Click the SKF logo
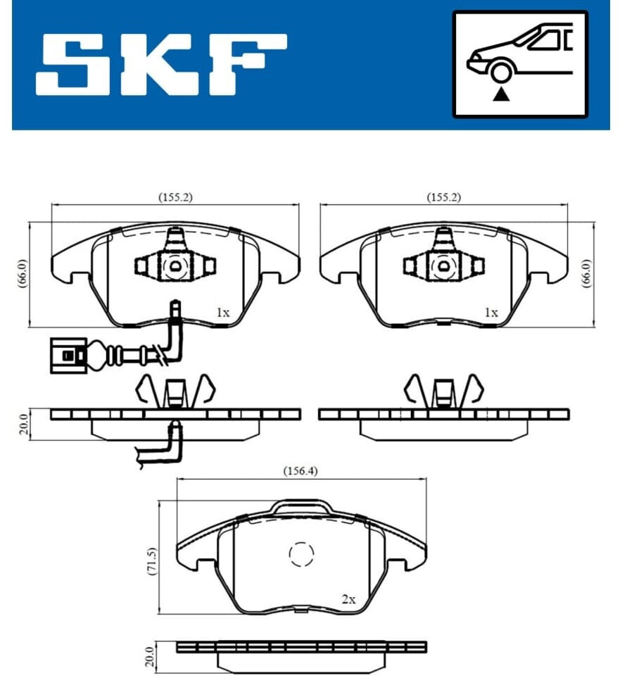coord(160,64)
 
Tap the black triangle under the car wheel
coord(500,94)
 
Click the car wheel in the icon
coord(501,72)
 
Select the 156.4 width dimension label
coord(300,471)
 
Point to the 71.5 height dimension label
coord(152,561)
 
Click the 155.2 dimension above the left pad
coord(175,197)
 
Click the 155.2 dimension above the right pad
coord(444,197)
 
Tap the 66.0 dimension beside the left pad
coord(23,274)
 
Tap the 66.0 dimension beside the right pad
coord(586,274)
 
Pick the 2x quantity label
coord(348,599)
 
